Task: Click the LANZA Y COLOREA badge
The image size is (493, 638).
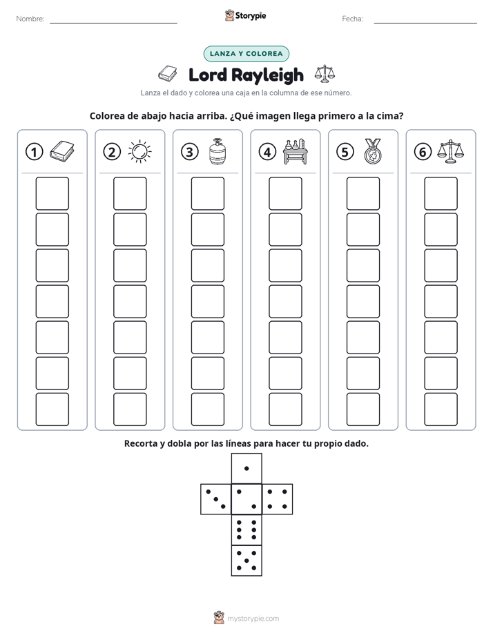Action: pyautogui.click(x=246, y=54)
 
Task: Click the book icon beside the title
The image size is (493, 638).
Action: pyautogui.click(x=168, y=74)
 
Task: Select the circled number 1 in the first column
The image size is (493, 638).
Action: pyautogui.click(x=34, y=152)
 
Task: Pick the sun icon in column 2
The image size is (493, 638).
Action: pyautogui.click(x=139, y=152)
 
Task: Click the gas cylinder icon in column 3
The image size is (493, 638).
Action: pyautogui.click(x=217, y=151)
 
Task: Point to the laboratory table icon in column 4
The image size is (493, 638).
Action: pyautogui.click(x=296, y=151)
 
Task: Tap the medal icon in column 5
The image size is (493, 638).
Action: pyautogui.click(x=373, y=151)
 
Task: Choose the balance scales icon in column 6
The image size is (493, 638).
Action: pyautogui.click(x=451, y=151)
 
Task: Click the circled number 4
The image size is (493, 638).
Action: pyautogui.click(x=267, y=152)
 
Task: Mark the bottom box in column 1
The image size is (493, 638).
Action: pyautogui.click(x=52, y=409)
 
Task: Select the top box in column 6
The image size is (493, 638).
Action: pyautogui.click(x=441, y=193)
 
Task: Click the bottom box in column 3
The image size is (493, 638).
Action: pyautogui.click(x=207, y=409)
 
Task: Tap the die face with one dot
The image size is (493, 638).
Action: pyautogui.click(x=246, y=468)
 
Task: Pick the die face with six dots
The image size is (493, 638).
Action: pyautogui.click(x=246, y=530)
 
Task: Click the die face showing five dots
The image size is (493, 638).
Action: pyautogui.click(x=246, y=561)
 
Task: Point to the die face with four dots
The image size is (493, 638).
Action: pyautogui.click(x=278, y=499)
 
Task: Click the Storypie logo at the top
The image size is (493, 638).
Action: pyautogui.click(x=245, y=16)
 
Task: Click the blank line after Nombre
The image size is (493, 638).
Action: pyautogui.click(x=113, y=23)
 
